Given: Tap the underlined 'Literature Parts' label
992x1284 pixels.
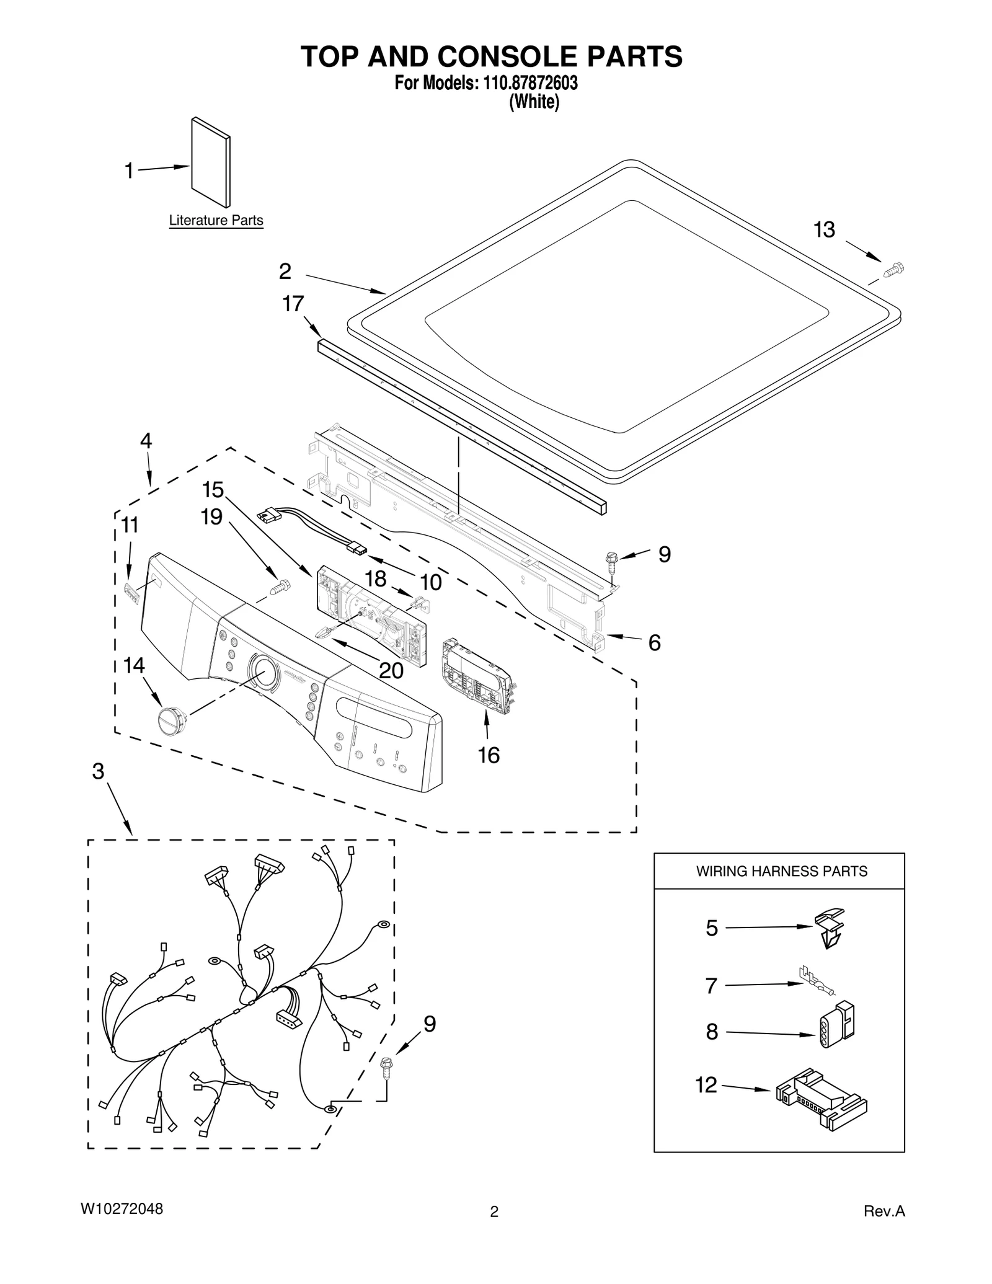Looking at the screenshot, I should (216, 221).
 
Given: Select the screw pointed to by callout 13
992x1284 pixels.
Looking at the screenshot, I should (893, 270).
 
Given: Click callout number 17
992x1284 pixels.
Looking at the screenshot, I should (293, 304).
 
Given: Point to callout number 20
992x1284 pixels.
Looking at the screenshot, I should (391, 670).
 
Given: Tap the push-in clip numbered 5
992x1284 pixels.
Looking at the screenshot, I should (828, 927).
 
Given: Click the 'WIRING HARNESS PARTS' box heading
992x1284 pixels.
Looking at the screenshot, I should (781, 871).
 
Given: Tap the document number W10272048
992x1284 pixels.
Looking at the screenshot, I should (122, 1209).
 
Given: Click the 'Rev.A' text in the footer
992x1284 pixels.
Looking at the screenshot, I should (884, 1211).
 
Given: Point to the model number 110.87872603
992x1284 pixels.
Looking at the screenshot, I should (527, 83).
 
